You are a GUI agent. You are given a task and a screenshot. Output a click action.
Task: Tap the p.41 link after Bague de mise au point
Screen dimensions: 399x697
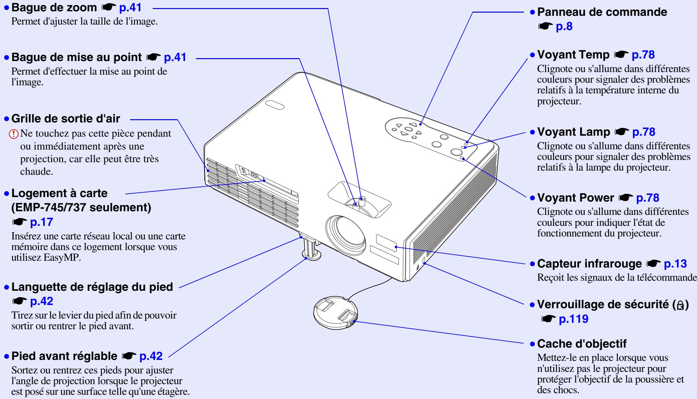[175, 58]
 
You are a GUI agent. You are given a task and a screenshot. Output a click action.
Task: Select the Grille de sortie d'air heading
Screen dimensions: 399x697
[66, 119]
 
